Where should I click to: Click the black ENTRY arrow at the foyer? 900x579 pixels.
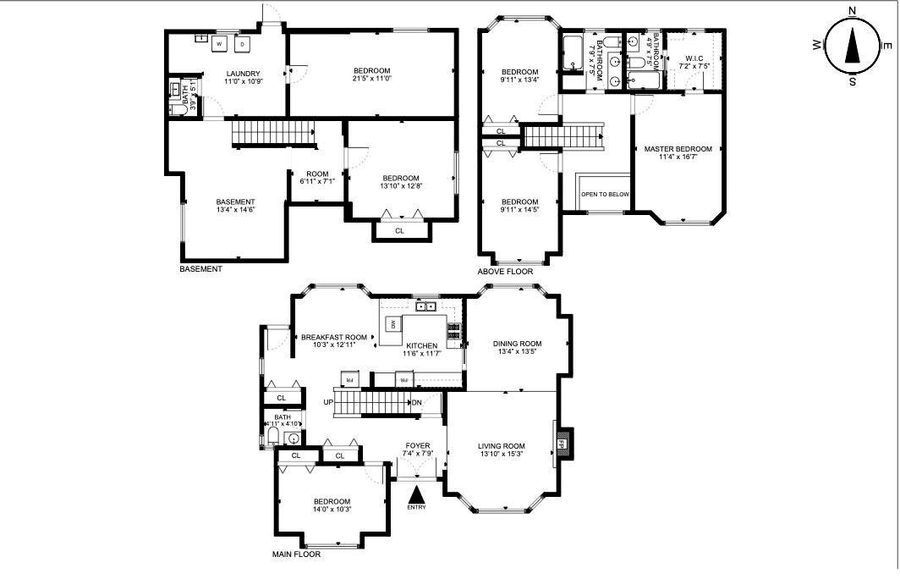click(x=416, y=494)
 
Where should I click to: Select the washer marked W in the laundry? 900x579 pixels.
click(x=220, y=43)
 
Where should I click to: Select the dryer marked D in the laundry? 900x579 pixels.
click(x=242, y=43)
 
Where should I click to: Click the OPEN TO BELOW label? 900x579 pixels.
click(x=605, y=195)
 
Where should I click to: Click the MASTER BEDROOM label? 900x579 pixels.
click(x=678, y=149)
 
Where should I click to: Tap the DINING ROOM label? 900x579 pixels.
click(x=517, y=343)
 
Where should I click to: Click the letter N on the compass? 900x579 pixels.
click(x=852, y=11)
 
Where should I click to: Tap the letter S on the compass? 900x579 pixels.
click(x=852, y=81)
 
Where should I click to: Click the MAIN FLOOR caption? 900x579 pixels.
click(x=296, y=555)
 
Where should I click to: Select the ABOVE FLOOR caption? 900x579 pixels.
click(x=505, y=272)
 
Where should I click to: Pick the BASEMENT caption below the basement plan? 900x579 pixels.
click(x=200, y=269)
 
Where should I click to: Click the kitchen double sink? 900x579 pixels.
click(x=426, y=306)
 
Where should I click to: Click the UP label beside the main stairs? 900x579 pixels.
click(x=327, y=402)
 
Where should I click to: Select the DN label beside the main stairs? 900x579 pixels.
click(x=417, y=402)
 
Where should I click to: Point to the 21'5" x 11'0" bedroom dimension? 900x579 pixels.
click(x=371, y=79)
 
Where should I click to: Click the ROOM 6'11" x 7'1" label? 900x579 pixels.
click(x=317, y=178)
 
